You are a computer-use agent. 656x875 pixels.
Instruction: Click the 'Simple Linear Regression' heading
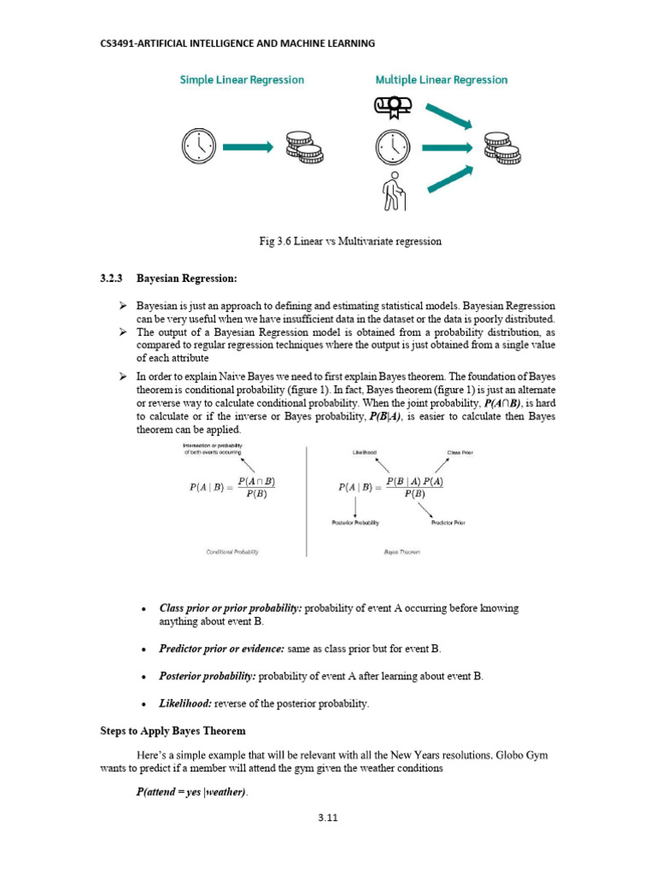pyautogui.click(x=242, y=79)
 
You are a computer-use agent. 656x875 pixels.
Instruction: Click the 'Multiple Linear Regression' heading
pyautogui.click(x=442, y=79)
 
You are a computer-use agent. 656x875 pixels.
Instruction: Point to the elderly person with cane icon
pyautogui.click(x=394, y=191)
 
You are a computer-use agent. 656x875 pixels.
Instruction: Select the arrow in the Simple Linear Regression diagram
pyautogui.click(x=247, y=147)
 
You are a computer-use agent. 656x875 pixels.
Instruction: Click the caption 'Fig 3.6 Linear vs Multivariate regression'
pyautogui.click(x=350, y=241)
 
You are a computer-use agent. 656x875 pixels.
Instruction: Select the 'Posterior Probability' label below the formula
pyautogui.click(x=355, y=522)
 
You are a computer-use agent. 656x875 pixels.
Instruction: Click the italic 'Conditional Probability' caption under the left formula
pyautogui.click(x=232, y=552)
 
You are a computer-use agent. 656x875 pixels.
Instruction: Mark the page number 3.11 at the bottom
pyautogui.click(x=328, y=817)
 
